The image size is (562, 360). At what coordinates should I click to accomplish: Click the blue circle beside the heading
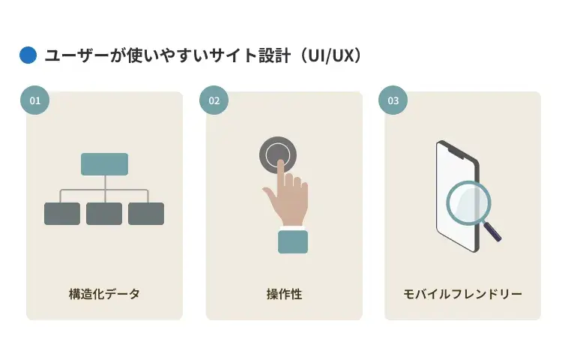[28, 55]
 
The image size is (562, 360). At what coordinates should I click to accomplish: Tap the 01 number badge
[34, 100]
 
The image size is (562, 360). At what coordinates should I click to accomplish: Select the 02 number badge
[214, 100]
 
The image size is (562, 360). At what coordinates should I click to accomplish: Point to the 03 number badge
[393, 100]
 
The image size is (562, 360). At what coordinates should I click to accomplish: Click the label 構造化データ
[104, 293]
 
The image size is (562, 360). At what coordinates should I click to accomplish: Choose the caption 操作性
[284, 293]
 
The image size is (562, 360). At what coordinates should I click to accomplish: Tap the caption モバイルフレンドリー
[462, 293]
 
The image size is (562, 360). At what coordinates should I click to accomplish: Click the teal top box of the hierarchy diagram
[104, 164]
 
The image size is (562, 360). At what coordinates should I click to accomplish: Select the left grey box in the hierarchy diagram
[62, 214]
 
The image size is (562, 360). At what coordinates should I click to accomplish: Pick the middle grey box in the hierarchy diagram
[104, 214]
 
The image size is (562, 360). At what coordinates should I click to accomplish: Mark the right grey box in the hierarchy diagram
[146, 214]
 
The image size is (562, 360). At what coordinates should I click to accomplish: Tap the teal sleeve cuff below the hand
[293, 241]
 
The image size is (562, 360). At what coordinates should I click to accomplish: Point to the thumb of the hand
[270, 197]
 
